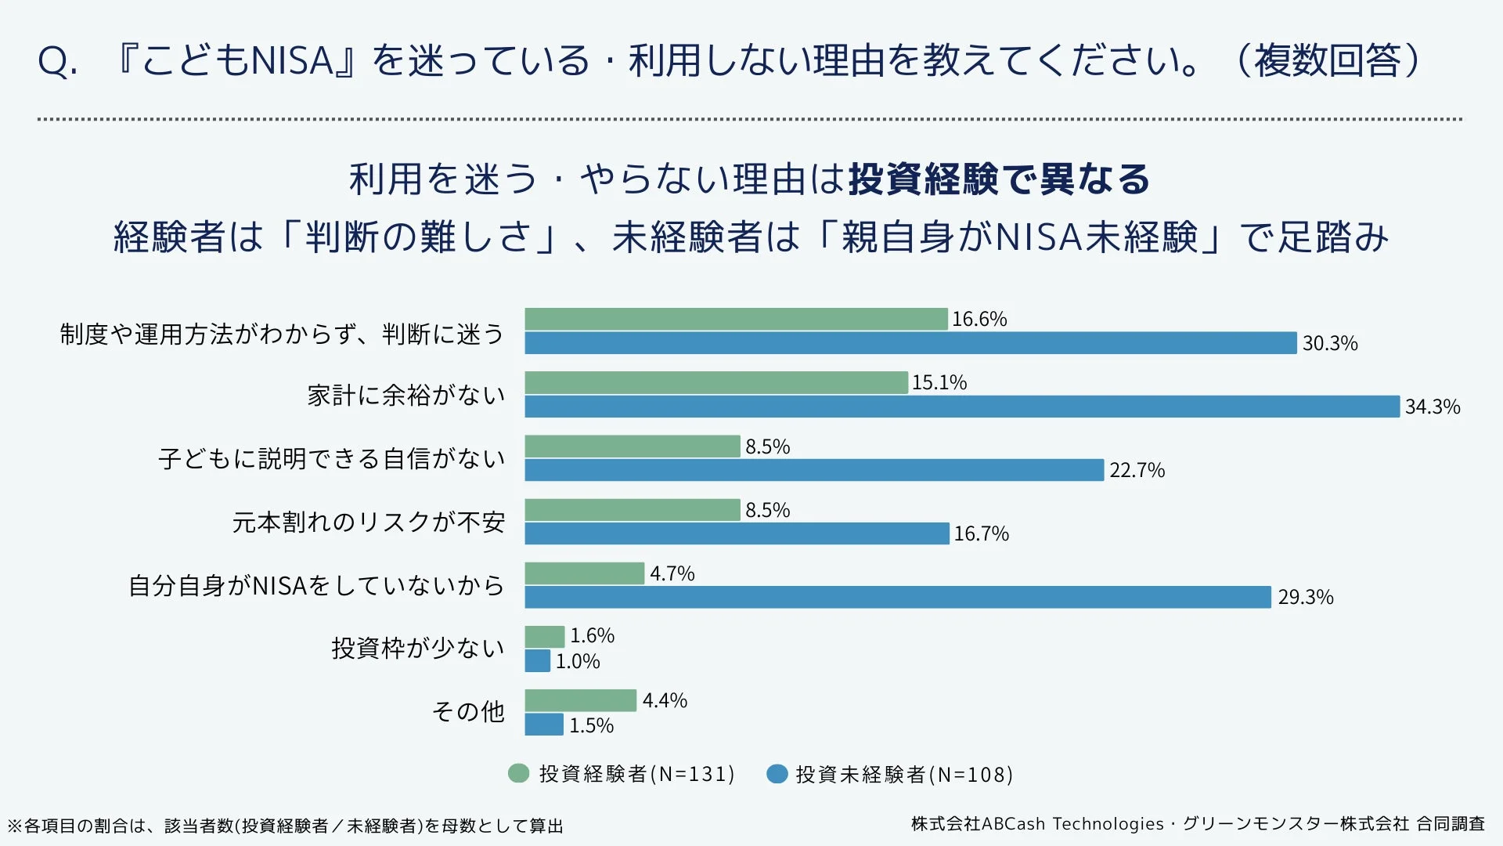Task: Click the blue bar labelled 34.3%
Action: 961,407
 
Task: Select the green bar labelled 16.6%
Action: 736,319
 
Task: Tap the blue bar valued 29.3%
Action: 897,597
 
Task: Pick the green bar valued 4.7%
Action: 584,573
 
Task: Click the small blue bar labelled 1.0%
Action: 537,661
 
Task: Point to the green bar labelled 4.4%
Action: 580,700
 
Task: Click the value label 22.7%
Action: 1137,470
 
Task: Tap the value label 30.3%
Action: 1329,343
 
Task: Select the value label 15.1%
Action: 939,382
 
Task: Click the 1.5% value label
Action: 591,725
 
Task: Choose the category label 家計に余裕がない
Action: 405,395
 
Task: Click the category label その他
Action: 468,711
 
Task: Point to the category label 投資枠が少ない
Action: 417,648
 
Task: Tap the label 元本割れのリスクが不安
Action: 368,522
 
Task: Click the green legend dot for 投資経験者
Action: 518,774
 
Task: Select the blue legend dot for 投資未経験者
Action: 777,774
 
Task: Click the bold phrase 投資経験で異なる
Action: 999,179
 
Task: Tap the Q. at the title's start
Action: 57,61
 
